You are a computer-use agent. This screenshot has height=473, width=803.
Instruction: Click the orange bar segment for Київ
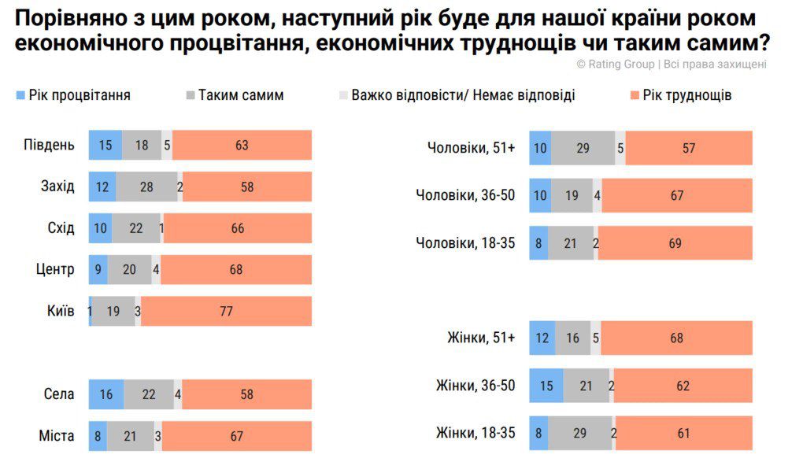(226, 311)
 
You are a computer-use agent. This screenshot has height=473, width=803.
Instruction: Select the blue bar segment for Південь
(105, 145)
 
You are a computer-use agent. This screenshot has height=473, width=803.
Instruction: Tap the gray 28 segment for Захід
(146, 187)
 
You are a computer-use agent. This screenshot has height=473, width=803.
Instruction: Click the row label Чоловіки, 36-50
(465, 195)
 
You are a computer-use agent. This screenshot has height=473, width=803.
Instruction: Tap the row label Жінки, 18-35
(475, 433)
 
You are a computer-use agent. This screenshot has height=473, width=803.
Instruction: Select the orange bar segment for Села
(246, 394)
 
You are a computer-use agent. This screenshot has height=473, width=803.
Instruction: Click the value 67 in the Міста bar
(237, 436)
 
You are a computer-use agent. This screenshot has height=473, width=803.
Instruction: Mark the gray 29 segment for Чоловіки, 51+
(583, 148)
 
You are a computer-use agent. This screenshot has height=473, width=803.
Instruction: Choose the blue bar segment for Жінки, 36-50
(546, 386)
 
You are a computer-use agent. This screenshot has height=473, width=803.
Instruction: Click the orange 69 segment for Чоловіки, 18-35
(675, 243)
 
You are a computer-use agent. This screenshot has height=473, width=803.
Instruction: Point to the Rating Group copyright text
(671, 65)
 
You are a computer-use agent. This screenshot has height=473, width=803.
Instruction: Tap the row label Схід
(61, 228)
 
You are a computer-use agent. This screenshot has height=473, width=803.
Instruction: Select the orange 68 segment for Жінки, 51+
(676, 338)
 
